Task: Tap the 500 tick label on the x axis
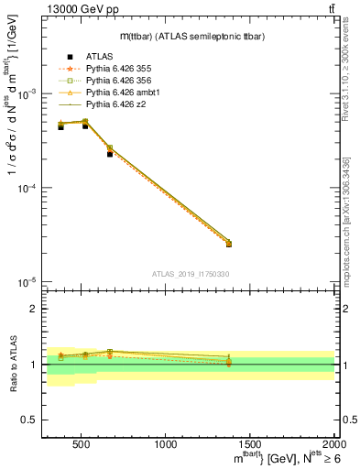[81, 445]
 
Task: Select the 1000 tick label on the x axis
[166, 445]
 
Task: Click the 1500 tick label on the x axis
[250, 445]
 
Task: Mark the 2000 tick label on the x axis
[333, 445]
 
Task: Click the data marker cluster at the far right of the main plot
[229, 243]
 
